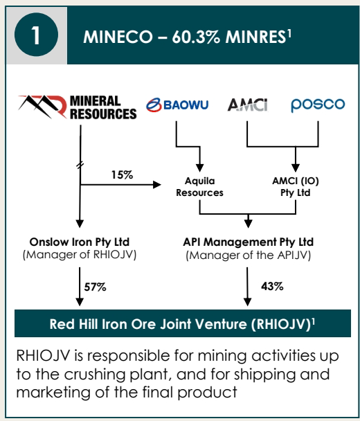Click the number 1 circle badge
click(x=36, y=35)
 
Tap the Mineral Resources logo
click(x=78, y=107)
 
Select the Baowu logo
click(x=177, y=105)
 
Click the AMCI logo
click(x=248, y=105)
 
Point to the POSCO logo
click(x=318, y=105)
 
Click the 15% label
click(x=122, y=175)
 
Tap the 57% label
click(x=96, y=287)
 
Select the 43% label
click(x=272, y=286)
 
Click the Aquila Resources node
click(x=200, y=187)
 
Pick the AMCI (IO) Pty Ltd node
click(x=296, y=187)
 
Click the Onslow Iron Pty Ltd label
click(x=80, y=242)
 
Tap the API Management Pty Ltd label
click(x=249, y=242)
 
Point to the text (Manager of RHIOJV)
click(x=80, y=255)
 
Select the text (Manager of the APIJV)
click(x=249, y=255)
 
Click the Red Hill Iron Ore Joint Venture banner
click(x=183, y=323)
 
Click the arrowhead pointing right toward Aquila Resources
click(x=156, y=185)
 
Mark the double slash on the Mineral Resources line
click(x=80, y=165)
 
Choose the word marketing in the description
click(x=53, y=393)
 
